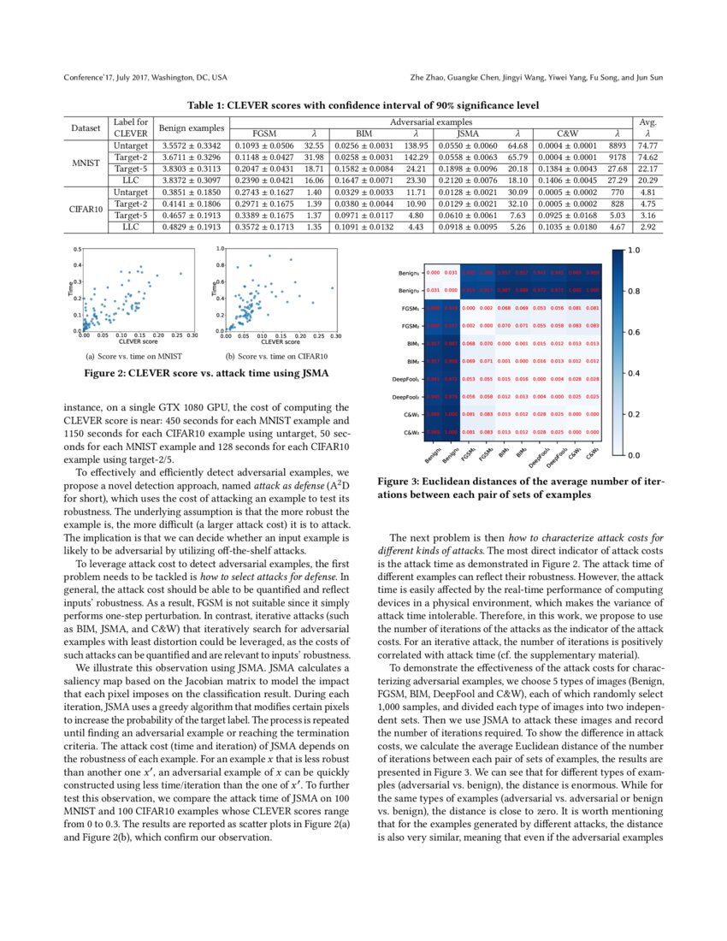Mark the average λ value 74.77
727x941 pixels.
pyautogui.click(x=647, y=146)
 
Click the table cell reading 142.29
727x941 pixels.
pyautogui.click(x=416, y=158)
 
